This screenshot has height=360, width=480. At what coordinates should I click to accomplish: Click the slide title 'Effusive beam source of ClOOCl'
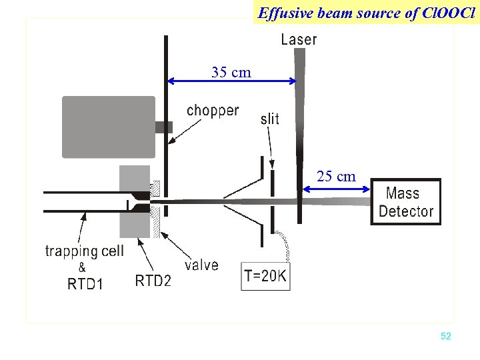[366, 12]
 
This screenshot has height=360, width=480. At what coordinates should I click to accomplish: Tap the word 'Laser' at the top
[299, 39]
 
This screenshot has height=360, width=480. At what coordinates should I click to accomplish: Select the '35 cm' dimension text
[231, 72]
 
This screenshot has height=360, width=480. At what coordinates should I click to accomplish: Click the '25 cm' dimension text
[336, 176]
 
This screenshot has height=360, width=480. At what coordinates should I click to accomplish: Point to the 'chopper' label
[213, 110]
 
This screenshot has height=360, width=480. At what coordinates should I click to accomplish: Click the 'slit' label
[270, 119]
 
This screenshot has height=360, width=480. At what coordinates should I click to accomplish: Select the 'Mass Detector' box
[405, 202]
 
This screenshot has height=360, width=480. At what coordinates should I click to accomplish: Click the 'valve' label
[201, 265]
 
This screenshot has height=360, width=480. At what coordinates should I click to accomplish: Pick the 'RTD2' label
[153, 281]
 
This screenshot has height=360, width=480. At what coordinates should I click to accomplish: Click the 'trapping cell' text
[84, 251]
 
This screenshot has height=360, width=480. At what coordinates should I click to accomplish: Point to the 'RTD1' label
[85, 284]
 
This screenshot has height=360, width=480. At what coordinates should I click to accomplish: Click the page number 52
[446, 337]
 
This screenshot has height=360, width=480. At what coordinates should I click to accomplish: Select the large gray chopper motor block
[109, 127]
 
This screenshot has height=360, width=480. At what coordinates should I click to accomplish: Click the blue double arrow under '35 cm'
[231, 81]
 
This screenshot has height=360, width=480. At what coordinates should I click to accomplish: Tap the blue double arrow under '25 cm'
[336, 189]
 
